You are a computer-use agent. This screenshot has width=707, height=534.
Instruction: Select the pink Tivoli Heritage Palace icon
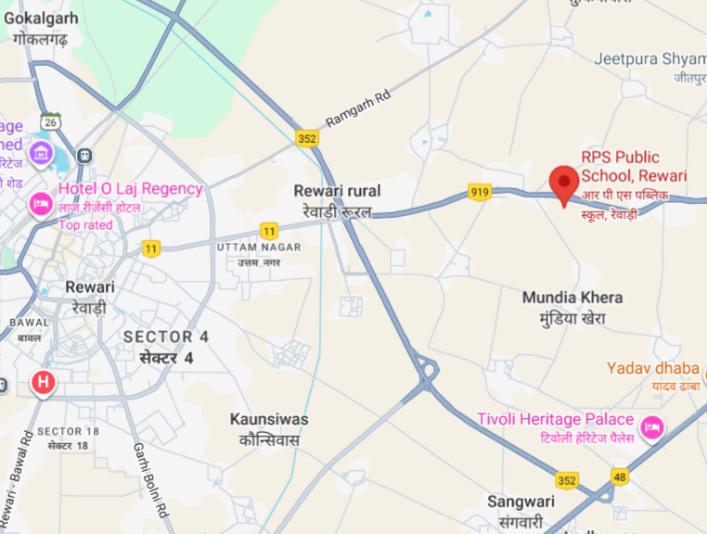(x=652, y=427)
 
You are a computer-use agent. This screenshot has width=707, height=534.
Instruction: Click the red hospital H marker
(x=42, y=382)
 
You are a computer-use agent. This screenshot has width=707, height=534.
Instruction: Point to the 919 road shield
(x=480, y=192)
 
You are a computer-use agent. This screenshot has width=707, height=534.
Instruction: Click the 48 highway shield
(x=621, y=476)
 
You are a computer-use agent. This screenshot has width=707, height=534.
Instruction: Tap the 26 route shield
(x=49, y=121)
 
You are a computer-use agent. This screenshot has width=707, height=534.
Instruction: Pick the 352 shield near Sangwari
(x=568, y=480)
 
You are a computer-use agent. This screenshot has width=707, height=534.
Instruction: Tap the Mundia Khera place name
(x=572, y=298)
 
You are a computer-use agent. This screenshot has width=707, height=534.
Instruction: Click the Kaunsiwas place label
(x=269, y=420)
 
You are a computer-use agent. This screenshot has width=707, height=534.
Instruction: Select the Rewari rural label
(x=337, y=191)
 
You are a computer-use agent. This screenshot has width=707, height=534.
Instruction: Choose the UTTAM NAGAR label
(x=259, y=248)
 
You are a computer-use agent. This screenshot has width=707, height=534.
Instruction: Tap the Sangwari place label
(x=521, y=502)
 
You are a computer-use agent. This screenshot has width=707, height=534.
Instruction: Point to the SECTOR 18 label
(x=68, y=432)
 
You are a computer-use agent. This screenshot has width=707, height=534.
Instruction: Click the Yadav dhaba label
(x=652, y=368)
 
